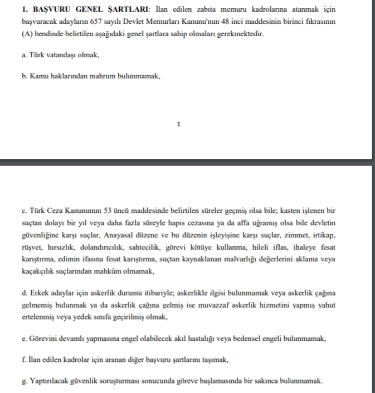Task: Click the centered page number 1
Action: (178, 125)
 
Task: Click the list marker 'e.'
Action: (24, 338)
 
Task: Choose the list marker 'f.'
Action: (24, 360)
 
